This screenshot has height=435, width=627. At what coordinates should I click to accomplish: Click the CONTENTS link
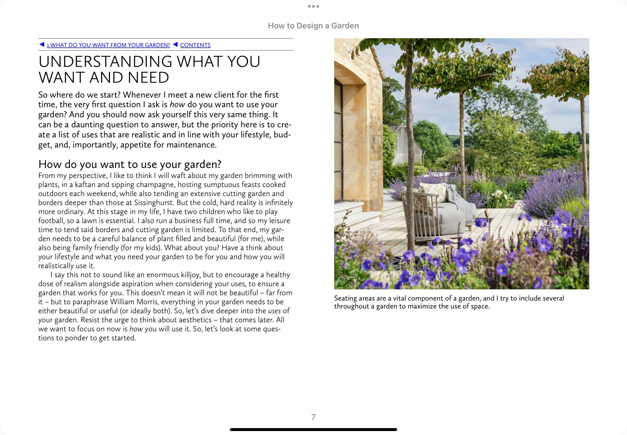195,45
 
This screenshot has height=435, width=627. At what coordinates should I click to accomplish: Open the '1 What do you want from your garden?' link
108,45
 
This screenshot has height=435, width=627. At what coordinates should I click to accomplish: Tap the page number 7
313,417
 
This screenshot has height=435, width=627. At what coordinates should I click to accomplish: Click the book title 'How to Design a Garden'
313,26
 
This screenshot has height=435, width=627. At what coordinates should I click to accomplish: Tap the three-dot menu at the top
313,6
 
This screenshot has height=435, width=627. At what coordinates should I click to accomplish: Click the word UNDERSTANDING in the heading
105,62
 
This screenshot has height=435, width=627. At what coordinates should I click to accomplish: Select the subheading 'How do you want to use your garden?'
130,164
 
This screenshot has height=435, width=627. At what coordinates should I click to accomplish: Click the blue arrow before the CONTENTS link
176,44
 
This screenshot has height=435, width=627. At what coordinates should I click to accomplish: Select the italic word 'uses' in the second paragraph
274,311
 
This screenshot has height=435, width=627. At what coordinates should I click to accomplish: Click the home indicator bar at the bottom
313,429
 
